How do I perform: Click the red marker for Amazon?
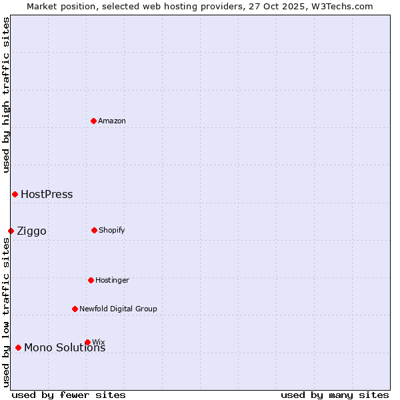[x=93, y=121]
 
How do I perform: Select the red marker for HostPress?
[x=15, y=194]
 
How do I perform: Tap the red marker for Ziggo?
[x=11, y=231]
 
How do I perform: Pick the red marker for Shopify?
[x=94, y=230]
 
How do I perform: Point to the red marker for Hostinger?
[x=91, y=280]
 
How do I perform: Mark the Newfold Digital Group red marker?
[x=75, y=309]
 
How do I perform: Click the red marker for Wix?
[x=87, y=342]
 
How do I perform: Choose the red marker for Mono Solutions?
[x=18, y=347]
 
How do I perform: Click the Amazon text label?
[x=112, y=121]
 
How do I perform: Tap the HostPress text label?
[x=47, y=195]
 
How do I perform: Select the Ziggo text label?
[x=31, y=231]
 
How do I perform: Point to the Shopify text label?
[x=112, y=230]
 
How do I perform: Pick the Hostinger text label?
[x=112, y=280]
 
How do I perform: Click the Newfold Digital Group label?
[x=118, y=309]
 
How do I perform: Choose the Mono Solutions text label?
[x=65, y=348]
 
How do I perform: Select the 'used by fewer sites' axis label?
[x=69, y=395]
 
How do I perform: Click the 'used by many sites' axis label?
[x=335, y=395]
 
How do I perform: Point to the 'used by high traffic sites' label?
[x=6, y=95]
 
